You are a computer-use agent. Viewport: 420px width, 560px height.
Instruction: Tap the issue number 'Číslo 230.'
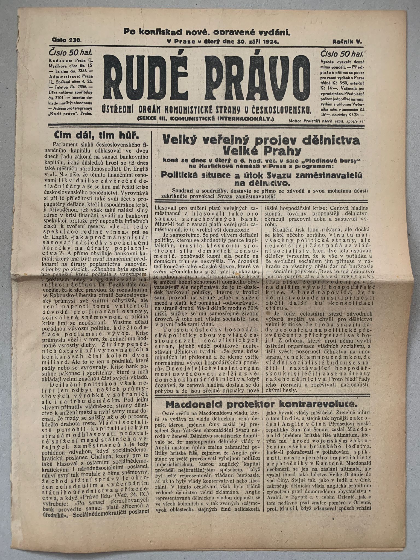[x=67, y=40]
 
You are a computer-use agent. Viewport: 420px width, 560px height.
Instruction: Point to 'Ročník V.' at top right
[x=347, y=42]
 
